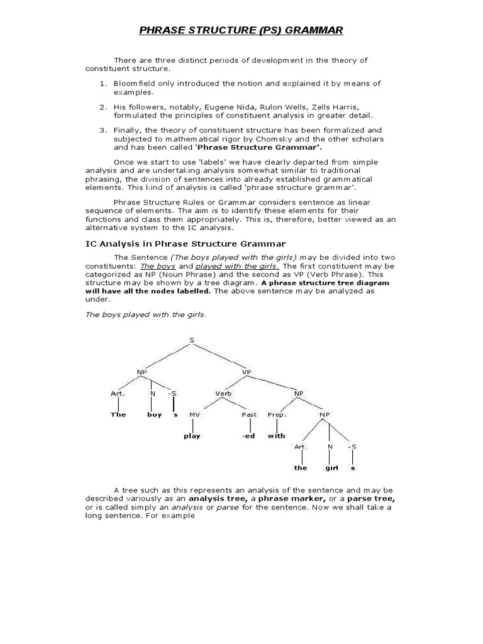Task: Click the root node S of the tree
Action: pos(191,340)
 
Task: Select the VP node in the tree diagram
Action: pos(247,372)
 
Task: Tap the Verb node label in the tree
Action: pos(224,393)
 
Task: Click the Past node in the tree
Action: pos(249,414)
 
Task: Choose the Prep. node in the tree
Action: pos(277,414)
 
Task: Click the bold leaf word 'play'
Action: pos(192,436)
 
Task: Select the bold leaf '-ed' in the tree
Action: pos(248,436)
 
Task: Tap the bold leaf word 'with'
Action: pos(276,436)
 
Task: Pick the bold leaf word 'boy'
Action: pos(154,414)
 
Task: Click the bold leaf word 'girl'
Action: pos(331,468)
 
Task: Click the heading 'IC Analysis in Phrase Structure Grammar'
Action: pos(186,243)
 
